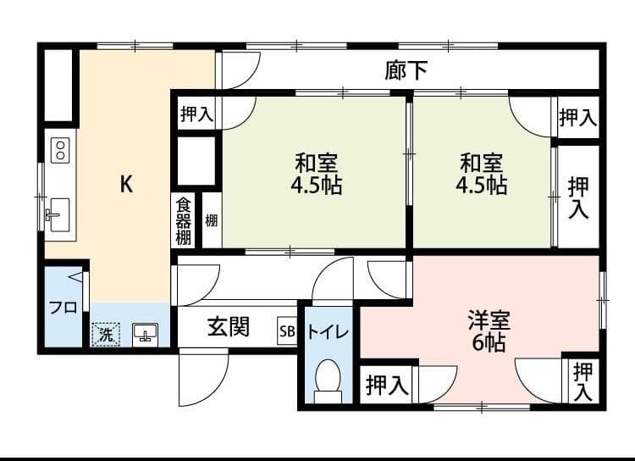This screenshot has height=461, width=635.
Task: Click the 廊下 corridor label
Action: click(x=406, y=71)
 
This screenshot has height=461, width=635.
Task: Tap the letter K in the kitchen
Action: click(x=125, y=184)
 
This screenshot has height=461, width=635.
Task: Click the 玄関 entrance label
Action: click(x=229, y=327)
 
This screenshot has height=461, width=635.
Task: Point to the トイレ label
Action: click(x=328, y=332)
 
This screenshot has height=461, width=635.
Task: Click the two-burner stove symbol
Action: click(x=60, y=151)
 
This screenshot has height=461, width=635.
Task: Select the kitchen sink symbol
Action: click(x=58, y=213)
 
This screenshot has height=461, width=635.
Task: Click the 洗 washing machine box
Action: click(x=106, y=335)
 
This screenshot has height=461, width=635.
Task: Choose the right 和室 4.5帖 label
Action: click(x=483, y=174)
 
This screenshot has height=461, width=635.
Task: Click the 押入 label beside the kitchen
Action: click(x=196, y=114)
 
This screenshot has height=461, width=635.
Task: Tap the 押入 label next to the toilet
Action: click(x=387, y=386)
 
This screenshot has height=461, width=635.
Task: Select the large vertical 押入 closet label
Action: click(x=579, y=197)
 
